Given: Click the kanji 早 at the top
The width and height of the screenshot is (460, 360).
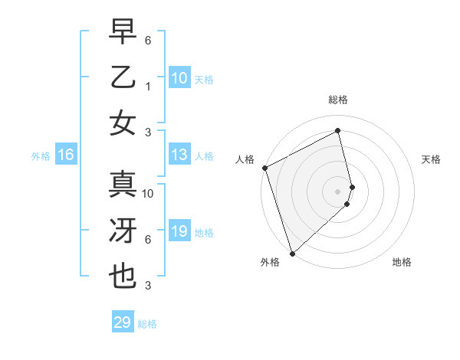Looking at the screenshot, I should click(x=123, y=33).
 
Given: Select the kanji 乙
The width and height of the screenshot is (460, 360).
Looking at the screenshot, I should click(x=123, y=77).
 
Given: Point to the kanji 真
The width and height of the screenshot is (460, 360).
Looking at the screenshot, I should click(x=123, y=185).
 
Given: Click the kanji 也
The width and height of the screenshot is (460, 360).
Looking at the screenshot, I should click(x=123, y=277).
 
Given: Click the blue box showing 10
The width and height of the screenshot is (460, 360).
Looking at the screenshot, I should click(x=179, y=77).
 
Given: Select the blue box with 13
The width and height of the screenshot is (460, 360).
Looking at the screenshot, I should click(x=179, y=155).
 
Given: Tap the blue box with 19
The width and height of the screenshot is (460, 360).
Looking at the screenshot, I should click(x=179, y=231).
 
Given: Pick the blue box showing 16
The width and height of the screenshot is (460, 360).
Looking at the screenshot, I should click(x=66, y=155).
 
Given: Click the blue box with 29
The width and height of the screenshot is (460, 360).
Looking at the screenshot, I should click(x=122, y=322).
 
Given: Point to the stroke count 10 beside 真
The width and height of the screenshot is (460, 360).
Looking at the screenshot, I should click(x=148, y=194).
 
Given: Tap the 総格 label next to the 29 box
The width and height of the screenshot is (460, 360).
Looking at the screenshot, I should click(x=147, y=324).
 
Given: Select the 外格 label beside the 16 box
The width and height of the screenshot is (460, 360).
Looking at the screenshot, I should click(x=41, y=156).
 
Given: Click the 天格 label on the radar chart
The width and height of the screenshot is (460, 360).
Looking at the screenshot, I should click(x=432, y=159).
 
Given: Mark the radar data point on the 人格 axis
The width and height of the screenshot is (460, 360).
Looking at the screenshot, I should click(x=264, y=168).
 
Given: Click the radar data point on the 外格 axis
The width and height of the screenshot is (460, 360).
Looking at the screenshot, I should click(x=292, y=253).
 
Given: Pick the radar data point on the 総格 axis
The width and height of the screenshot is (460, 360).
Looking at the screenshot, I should click(x=338, y=131).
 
